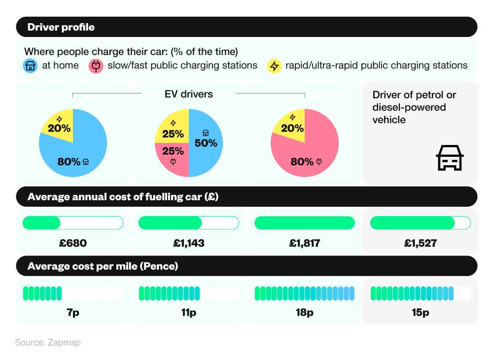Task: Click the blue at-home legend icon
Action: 31,66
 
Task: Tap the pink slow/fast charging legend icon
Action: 96,66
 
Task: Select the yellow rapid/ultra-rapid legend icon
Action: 274,66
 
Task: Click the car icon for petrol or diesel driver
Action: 449,158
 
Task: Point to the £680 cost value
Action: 73,243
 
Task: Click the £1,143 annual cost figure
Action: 189,243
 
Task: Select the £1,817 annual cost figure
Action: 305,243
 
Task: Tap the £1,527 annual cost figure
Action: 421,243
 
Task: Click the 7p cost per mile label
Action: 73,313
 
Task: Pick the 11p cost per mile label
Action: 189,313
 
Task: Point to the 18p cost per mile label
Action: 305,313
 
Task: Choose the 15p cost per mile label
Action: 421,313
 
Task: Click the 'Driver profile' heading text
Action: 61,27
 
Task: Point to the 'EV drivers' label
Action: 189,94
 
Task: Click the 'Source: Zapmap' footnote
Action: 48,342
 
